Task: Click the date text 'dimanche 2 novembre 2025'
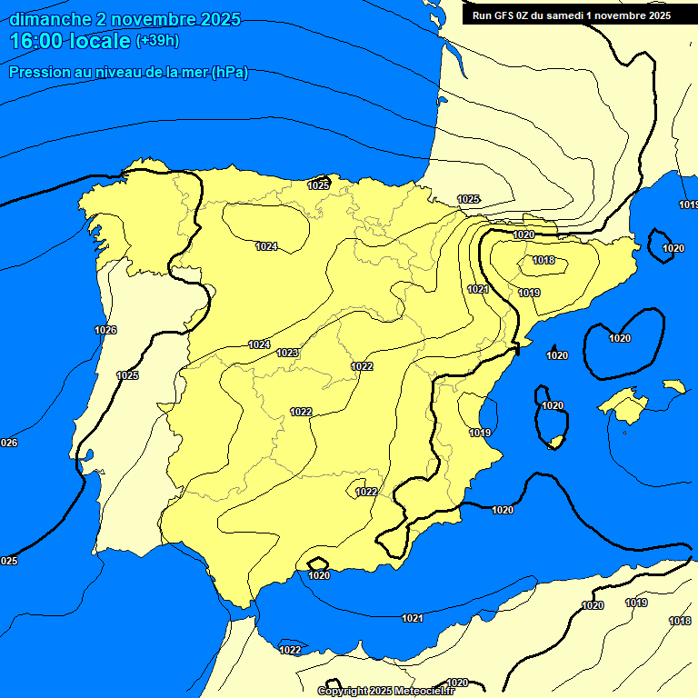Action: click(x=125, y=19)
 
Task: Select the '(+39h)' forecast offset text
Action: click(x=156, y=41)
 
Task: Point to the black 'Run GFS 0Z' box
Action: click(x=571, y=15)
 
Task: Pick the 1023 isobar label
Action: click(x=287, y=353)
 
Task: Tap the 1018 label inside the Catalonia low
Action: click(x=543, y=261)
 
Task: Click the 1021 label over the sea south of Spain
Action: click(x=413, y=618)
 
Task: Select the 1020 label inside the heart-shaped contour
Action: click(x=619, y=338)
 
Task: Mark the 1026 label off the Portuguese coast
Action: click(x=105, y=330)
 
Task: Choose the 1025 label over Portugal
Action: click(x=127, y=375)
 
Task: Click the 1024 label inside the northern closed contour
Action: click(x=266, y=246)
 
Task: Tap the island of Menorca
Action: click(x=673, y=386)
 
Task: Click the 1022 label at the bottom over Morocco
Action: click(x=290, y=650)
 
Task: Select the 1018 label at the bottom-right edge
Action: click(x=679, y=621)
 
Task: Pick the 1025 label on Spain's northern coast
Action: click(x=318, y=185)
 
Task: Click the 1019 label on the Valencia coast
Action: click(x=480, y=433)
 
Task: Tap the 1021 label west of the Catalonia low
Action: click(x=478, y=289)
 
